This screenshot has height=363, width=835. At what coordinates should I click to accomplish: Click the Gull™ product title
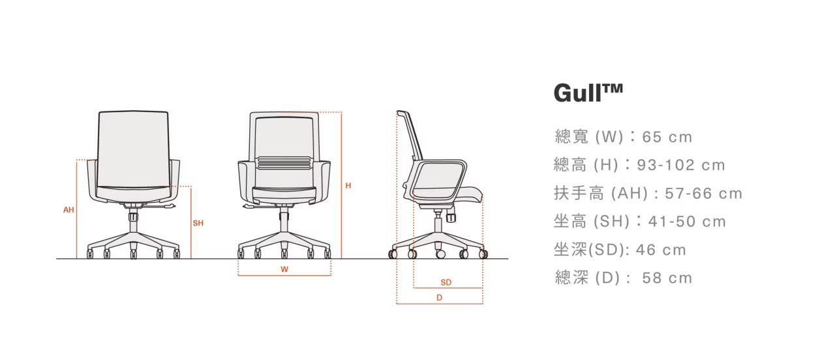[x=588, y=93]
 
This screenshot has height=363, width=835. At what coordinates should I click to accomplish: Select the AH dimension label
[x=68, y=210]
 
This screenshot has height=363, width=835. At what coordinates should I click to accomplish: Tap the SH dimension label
[x=198, y=223]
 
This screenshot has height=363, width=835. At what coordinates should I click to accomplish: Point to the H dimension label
[x=348, y=186]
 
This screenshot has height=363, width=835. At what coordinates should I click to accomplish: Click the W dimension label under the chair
[x=284, y=269]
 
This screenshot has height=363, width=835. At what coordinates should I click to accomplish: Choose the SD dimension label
[x=446, y=282]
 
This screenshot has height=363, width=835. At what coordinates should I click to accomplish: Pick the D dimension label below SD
[x=440, y=298]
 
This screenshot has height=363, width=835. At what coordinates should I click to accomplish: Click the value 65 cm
[x=667, y=137]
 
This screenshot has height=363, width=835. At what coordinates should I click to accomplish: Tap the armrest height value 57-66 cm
[x=703, y=194]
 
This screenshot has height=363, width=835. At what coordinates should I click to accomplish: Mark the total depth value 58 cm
[x=667, y=278]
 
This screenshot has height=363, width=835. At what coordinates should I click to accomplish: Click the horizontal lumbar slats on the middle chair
[x=284, y=163]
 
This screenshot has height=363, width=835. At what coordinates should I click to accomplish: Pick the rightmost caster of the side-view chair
[x=483, y=254]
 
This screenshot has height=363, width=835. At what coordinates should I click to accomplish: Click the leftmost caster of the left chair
[x=90, y=254]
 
